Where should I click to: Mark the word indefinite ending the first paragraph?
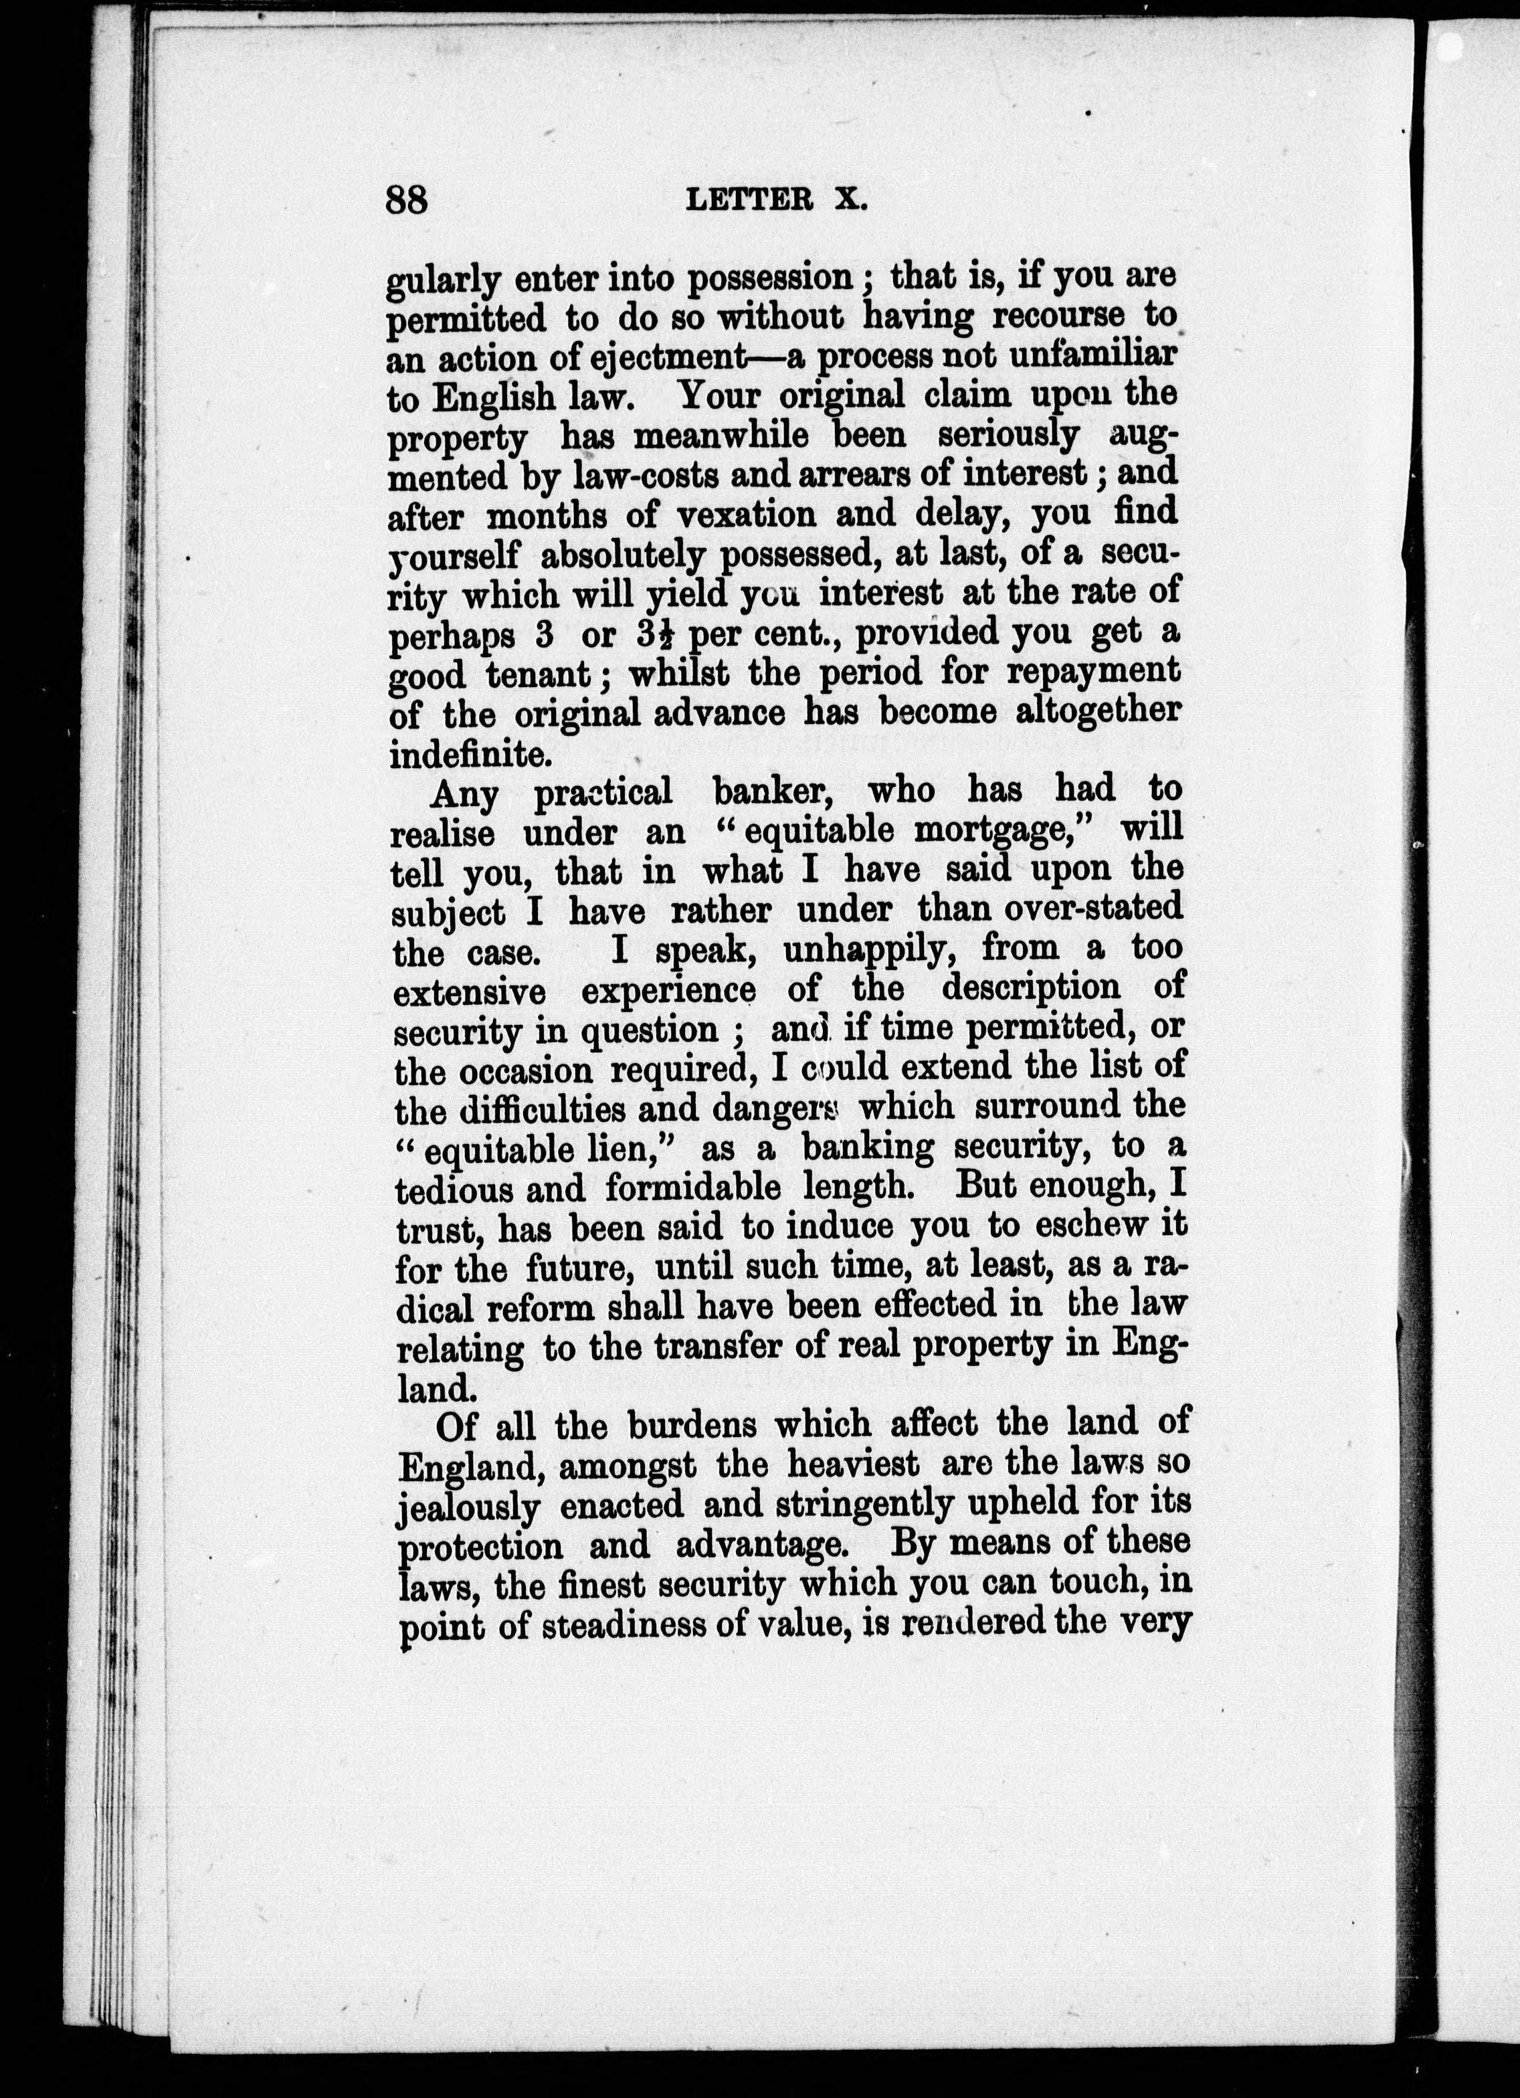coord(469,755)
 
